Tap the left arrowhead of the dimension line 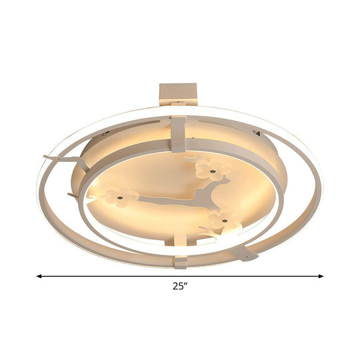pos(39,275)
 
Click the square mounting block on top pos(179,93)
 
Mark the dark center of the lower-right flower pos(225,219)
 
